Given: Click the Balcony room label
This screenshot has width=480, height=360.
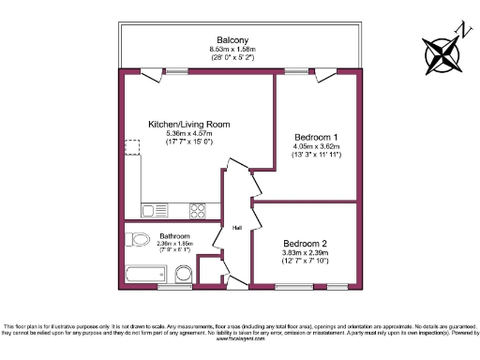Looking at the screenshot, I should coord(232,39).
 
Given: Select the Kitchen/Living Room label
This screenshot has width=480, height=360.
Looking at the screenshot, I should coord(188,124).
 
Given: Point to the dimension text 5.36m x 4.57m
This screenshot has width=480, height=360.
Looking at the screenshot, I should coord(188,133).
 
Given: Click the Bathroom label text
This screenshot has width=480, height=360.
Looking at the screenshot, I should coord(175,235).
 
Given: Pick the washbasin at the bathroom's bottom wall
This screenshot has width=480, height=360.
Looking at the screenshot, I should coord(185,275).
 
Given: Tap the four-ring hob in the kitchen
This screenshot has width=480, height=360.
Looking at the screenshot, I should coord(198,209).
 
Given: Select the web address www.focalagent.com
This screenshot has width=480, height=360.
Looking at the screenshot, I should coord(239,338).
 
